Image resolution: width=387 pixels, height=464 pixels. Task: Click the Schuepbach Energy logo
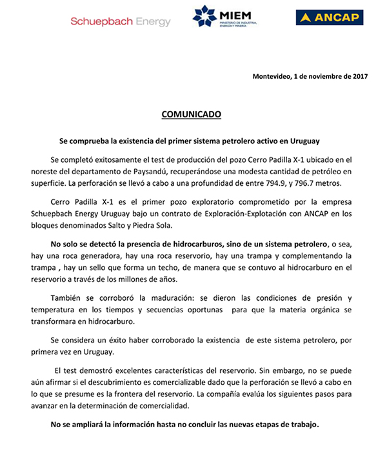point(121,21)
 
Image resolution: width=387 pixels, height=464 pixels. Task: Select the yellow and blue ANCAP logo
point(329,17)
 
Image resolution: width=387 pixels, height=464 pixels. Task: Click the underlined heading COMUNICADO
point(191,114)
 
